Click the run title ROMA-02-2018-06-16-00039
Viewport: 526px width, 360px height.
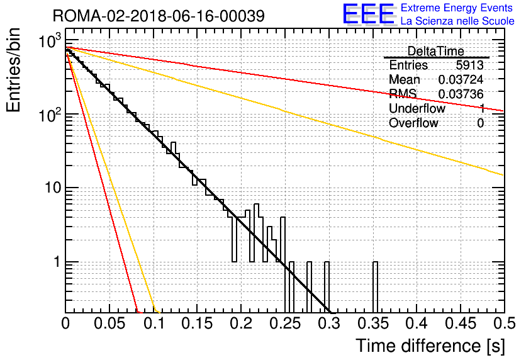click(159, 16)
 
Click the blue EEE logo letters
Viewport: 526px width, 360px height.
click(369, 14)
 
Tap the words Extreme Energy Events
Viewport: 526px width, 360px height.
click(457, 8)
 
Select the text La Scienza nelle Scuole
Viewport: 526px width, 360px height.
click(457, 21)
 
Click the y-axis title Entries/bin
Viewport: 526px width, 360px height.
click(13, 70)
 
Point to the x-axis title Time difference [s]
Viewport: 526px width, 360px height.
click(430, 346)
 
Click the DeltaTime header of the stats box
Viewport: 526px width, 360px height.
click(435, 52)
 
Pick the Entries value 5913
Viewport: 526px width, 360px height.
click(469, 65)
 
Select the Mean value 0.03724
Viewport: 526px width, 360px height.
click(461, 79)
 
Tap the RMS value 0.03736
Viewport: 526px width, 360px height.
click(461, 94)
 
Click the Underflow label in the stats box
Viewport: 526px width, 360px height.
click(417, 108)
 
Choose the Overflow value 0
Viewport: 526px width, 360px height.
click(480, 123)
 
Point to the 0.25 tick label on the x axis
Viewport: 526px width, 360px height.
click(285, 323)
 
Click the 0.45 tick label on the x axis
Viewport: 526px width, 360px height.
click(461, 323)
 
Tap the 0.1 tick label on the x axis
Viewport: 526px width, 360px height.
click(154, 323)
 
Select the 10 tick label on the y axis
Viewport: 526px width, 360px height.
click(53, 188)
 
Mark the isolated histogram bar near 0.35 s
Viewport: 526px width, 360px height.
click(375, 287)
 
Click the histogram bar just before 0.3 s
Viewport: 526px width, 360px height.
click(327, 287)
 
